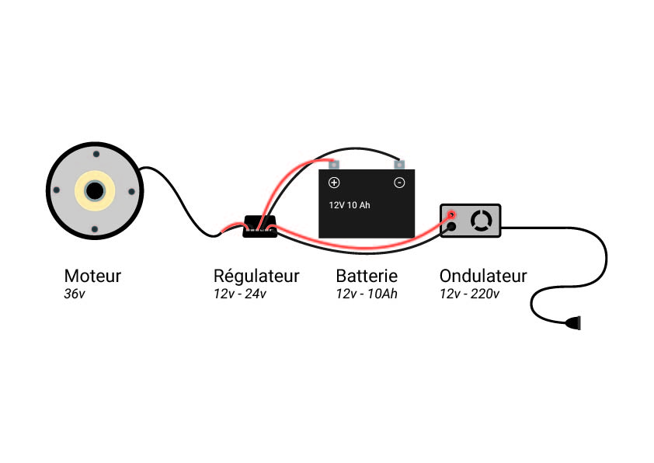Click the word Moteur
click(92, 276)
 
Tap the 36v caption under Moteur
click(75, 294)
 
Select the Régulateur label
click(256, 276)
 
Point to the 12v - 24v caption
click(240, 294)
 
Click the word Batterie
click(367, 276)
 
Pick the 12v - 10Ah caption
click(367, 294)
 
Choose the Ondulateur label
click(483, 276)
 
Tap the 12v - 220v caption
click(469, 294)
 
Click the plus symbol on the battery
click(334, 183)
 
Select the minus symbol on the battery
click(399, 183)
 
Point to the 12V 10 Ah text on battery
click(350, 205)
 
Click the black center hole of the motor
click(95, 191)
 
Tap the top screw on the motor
click(96, 155)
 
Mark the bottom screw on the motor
click(95, 229)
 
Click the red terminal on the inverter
click(451, 215)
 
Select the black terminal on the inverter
click(451, 227)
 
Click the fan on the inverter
click(482, 221)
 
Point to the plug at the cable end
click(572, 322)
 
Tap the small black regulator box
click(260, 227)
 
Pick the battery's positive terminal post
click(334, 165)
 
